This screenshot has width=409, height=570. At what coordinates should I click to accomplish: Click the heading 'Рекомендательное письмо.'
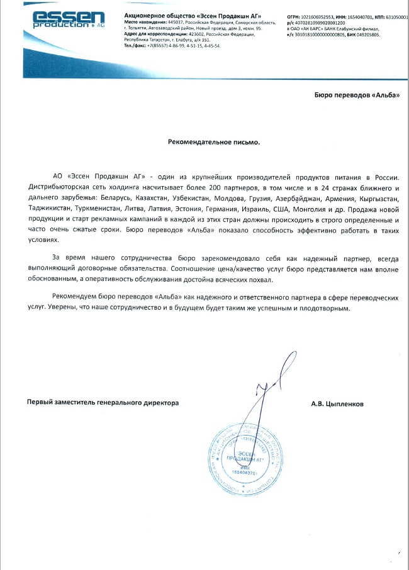(x=213, y=142)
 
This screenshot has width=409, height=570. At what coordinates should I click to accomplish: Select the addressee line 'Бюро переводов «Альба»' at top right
(x=356, y=95)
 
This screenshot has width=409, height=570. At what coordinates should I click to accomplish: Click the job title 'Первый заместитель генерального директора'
(x=102, y=402)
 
